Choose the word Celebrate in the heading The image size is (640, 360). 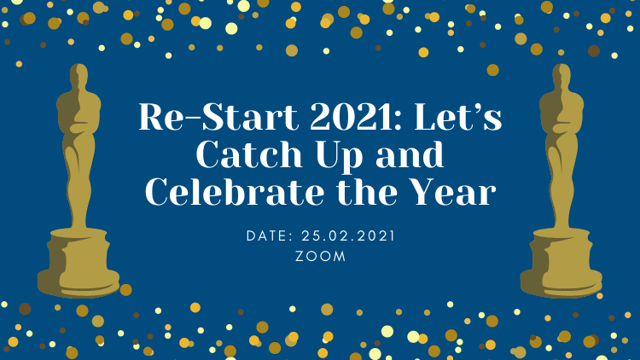(235, 193)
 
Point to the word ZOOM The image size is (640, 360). (320, 256)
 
